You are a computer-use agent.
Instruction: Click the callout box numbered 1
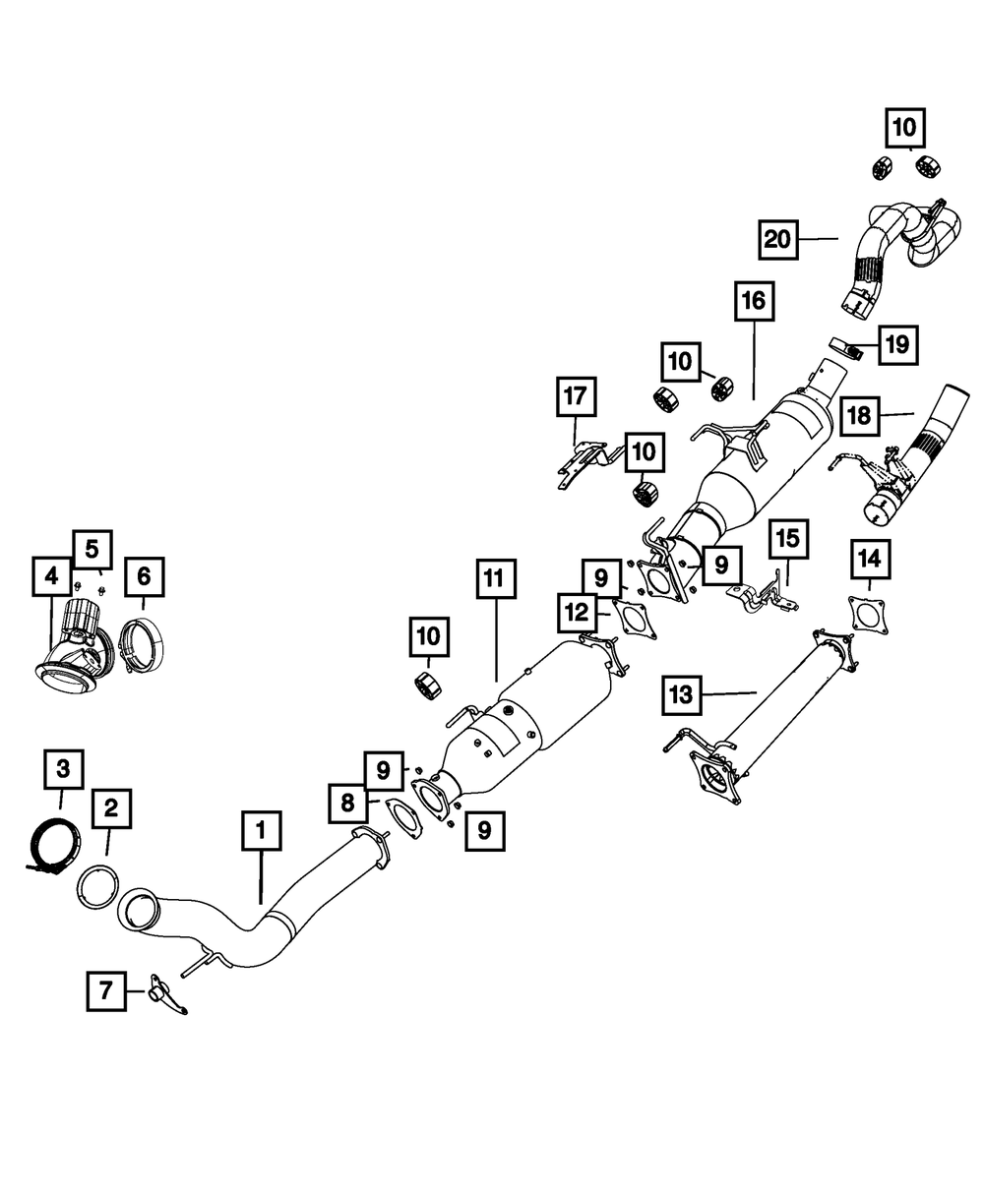click(262, 830)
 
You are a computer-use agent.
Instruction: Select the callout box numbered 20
click(778, 239)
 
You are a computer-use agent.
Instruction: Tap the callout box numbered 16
click(754, 301)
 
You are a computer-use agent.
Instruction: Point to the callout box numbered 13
click(681, 695)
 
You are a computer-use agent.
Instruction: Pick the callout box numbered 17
click(576, 396)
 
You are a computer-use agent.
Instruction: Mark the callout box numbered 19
click(898, 345)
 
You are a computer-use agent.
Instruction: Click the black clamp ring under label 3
click(53, 842)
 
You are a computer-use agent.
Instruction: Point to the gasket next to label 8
click(402, 819)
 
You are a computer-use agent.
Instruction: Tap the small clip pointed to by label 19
click(845, 346)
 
